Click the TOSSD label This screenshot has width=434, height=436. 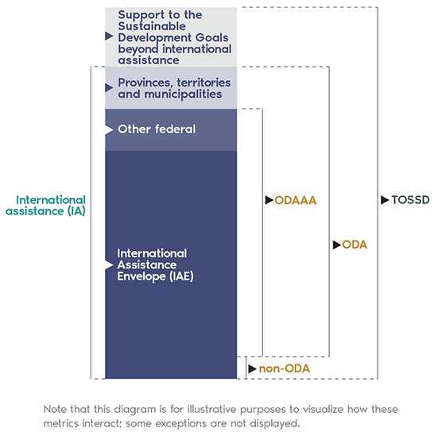(410, 200)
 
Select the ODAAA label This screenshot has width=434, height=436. (296, 200)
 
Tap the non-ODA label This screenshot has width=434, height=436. (285, 368)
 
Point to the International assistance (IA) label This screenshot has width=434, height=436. (45, 206)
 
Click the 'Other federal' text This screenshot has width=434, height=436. (157, 129)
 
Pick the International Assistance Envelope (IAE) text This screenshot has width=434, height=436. (155, 265)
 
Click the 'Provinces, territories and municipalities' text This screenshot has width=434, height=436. (174, 88)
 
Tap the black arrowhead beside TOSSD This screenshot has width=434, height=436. (385, 200)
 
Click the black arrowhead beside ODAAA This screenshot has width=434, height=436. (269, 200)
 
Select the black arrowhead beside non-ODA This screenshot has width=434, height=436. (252, 368)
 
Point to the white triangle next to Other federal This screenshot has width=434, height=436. (109, 130)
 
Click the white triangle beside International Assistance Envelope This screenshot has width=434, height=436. (109, 264)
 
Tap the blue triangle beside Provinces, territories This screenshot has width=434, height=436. (109, 87)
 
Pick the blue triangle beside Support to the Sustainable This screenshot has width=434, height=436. (109, 36)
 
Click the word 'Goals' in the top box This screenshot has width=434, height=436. (212, 37)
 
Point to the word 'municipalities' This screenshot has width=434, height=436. (183, 95)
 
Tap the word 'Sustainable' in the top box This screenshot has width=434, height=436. (152, 26)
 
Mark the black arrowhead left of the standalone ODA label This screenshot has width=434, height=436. (337, 245)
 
